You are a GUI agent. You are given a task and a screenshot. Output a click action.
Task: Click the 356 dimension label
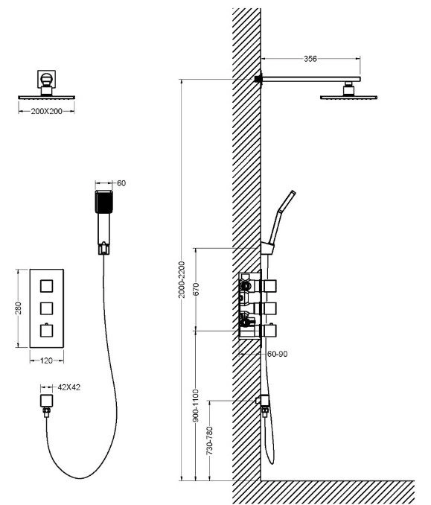click(310, 59)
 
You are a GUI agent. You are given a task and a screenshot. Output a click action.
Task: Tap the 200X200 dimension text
click(47, 112)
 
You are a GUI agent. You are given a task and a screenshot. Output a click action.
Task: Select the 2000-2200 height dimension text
click(182, 279)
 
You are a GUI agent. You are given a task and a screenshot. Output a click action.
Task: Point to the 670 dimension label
click(196, 289)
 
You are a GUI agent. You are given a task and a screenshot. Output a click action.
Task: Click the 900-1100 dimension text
click(196, 405)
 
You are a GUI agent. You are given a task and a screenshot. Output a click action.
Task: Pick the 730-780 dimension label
click(210, 440)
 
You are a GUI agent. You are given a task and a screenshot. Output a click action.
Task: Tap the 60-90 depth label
click(277, 354)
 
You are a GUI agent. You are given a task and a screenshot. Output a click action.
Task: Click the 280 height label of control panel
click(19, 308)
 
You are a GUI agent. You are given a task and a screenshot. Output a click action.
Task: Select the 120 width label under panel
click(46, 361)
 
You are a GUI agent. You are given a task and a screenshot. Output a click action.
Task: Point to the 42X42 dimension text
click(69, 387)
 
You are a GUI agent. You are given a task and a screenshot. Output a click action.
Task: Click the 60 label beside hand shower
click(121, 183)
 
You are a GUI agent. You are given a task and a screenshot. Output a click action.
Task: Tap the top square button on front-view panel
click(46, 286)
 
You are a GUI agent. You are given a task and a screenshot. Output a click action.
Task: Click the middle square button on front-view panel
click(46, 308)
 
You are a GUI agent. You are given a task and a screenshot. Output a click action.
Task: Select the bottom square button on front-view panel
click(46, 331)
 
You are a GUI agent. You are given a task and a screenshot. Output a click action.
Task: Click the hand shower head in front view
click(104, 202)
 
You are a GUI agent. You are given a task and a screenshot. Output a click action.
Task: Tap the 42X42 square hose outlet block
click(46, 400)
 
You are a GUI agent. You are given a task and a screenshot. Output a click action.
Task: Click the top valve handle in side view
click(269, 286)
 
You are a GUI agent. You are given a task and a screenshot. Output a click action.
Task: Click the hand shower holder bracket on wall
click(267, 248)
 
